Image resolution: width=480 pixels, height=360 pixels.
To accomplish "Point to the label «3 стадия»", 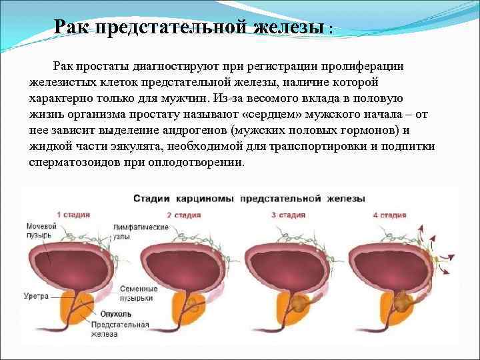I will click(289, 215).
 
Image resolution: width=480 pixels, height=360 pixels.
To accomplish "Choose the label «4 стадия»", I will click(389, 215).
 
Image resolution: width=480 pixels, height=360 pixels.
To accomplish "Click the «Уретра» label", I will click(35, 295).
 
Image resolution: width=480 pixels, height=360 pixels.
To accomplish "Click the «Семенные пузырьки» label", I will click(139, 293).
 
